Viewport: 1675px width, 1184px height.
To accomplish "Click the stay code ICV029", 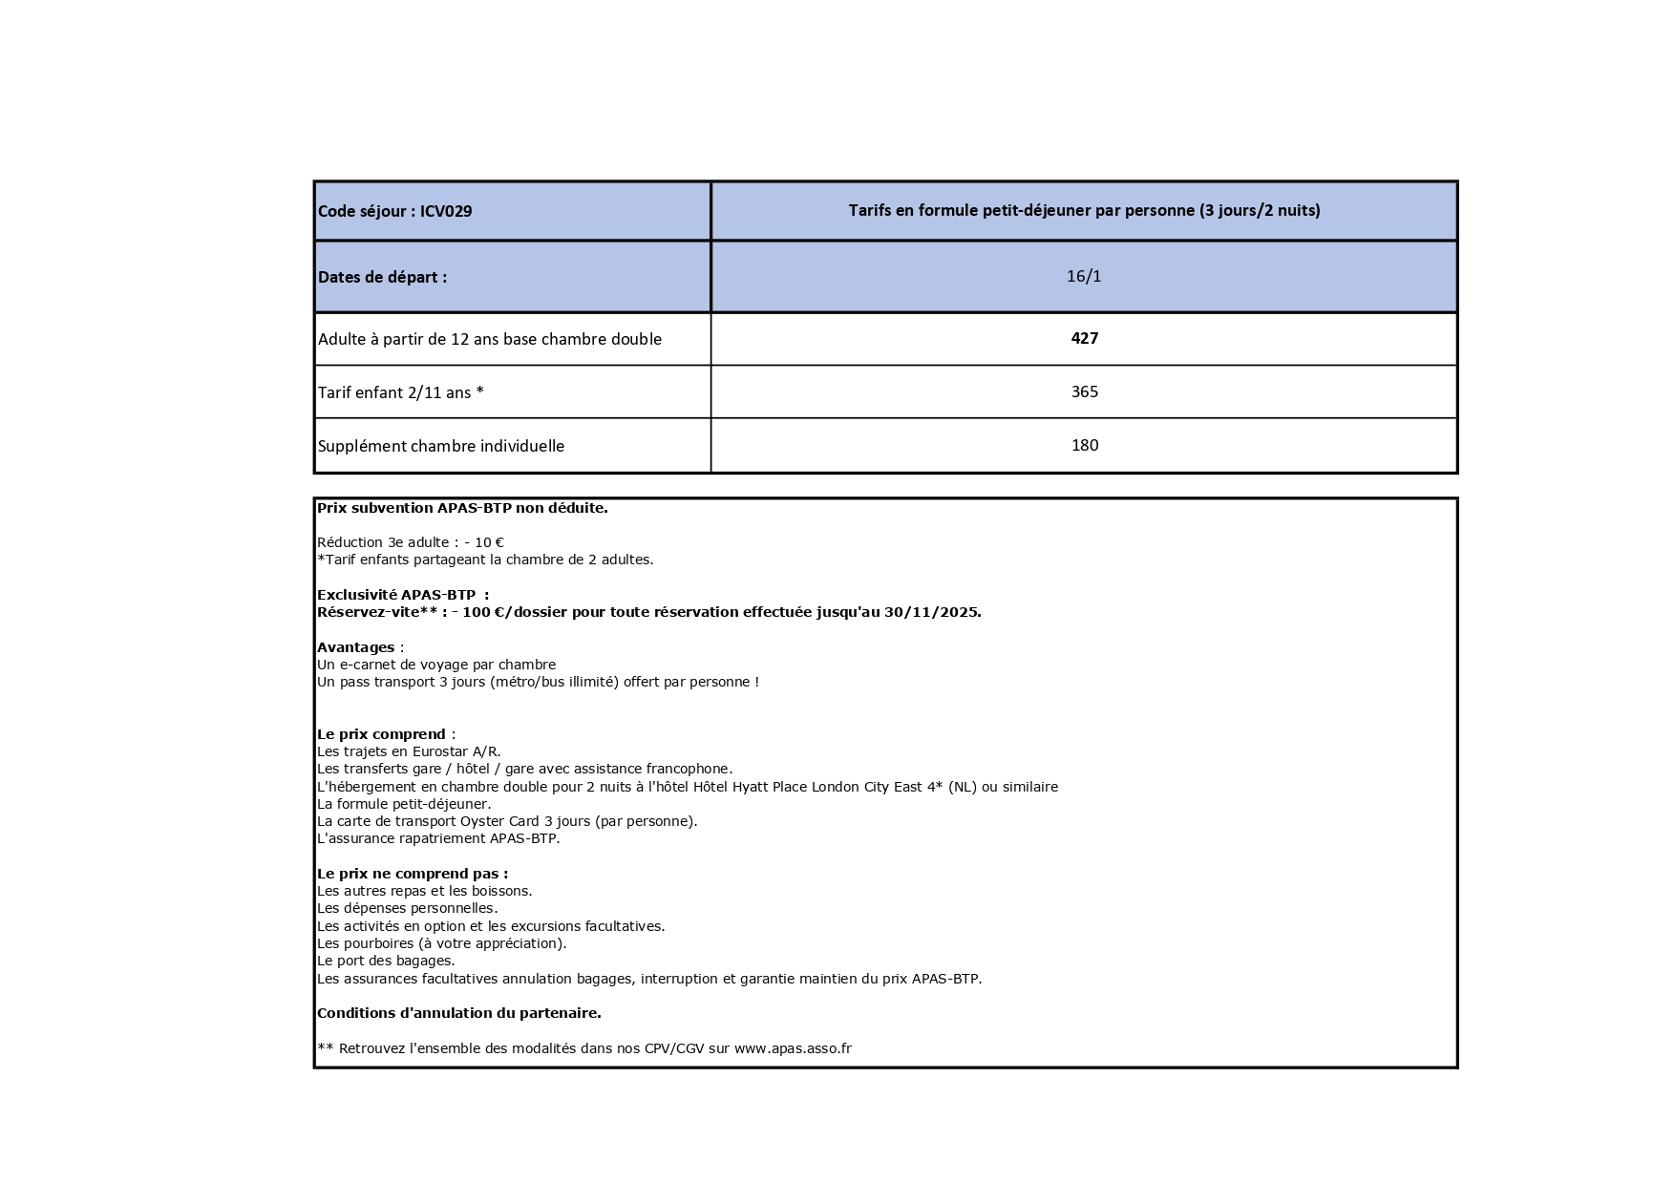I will pyautogui.click(x=446, y=211).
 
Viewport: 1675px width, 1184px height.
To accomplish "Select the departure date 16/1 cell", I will pyautogui.click(x=1084, y=276).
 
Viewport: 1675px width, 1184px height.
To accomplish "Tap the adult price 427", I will pyautogui.click(x=1084, y=338).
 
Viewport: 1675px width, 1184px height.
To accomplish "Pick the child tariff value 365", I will pyautogui.click(x=1084, y=391).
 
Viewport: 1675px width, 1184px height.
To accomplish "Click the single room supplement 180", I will pyautogui.click(x=1084, y=445).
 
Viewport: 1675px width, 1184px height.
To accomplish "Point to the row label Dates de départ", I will pyautogui.click(x=382, y=277).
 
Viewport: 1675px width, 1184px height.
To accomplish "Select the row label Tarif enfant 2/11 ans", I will pyautogui.click(x=400, y=392).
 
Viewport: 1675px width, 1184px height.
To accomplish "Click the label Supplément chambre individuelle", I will pyautogui.click(x=440, y=446).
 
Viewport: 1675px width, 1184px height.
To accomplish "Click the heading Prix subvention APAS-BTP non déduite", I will pyautogui.click(x=462, y=508).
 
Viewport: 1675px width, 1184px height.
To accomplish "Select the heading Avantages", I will pyautogui.click(x=355, y=647).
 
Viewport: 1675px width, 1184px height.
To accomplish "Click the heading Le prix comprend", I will pyautogui.click(x=381, y=734).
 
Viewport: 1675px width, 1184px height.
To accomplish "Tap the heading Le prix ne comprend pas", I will pyautogui.click(x=412, y=874).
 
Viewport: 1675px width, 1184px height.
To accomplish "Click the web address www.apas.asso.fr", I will pyautogui.click(x=792, y=1048).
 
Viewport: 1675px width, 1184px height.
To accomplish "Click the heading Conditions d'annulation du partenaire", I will pyautogui.click(x=458, y=1013).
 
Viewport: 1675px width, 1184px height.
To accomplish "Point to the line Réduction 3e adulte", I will pyautogui.click(x=410, y=542).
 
